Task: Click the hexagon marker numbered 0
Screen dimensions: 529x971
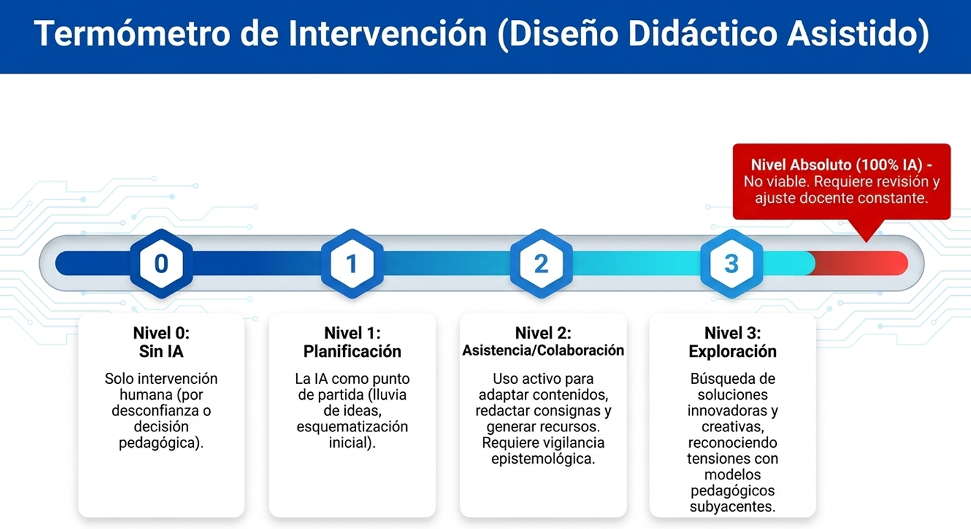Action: [161, 263]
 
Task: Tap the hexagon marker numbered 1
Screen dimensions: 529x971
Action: [352, 263]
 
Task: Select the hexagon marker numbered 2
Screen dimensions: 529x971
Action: [541, 263]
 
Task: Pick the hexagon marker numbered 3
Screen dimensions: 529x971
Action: [731, 263]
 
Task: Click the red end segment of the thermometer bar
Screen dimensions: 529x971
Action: [861, 263]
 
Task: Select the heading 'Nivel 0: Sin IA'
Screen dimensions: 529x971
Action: [161, 342]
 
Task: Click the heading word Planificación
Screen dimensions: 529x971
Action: [352, 351]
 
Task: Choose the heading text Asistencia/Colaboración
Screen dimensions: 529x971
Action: [543, 350]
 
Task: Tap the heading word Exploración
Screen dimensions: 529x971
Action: [732, 351]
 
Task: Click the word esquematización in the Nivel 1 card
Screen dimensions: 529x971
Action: [352, 427]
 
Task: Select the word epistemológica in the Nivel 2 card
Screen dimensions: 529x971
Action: [543, 458]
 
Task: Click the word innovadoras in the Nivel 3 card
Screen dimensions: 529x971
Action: [732, 411]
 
